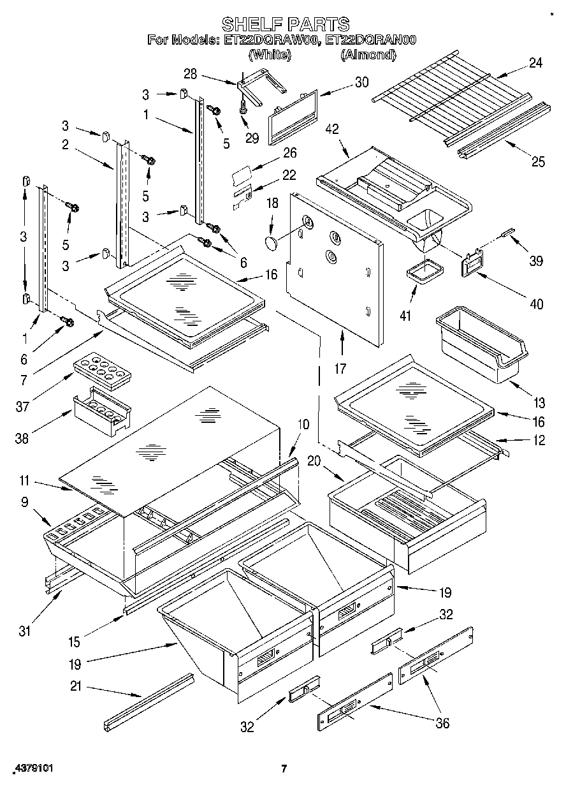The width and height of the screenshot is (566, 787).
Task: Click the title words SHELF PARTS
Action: pyautogui.click(x=285, y=24)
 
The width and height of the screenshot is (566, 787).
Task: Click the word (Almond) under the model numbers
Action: pyautogui.click(x=368, y=55)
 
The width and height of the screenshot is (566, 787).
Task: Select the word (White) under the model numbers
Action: pyautogui.click(x=270, y=55)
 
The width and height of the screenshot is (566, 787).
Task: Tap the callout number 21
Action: pyautogui.click(x=76, y=687)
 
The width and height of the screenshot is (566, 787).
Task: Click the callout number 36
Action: pyautogui.click(x=441, y=723)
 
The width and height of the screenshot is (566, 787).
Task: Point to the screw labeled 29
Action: pyautogui.click(x=243, y=110)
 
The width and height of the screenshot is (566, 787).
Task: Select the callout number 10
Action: pyautogui.click(x=303, y=423)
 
